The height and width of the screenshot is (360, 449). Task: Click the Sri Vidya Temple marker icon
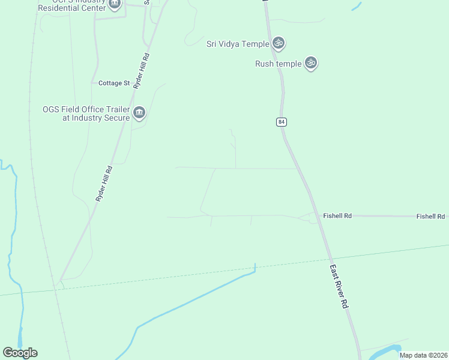[278, 43]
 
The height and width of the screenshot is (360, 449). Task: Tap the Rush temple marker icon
[310, 63]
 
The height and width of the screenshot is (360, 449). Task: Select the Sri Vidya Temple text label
[237, 44]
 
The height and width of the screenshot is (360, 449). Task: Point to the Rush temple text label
[278, 64]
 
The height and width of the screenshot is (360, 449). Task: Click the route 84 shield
[282, 122]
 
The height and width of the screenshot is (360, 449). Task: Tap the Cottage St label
[114, 83]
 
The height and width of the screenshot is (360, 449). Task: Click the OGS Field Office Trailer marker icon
[139, 113]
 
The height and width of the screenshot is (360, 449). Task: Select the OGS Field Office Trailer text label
[86, 113]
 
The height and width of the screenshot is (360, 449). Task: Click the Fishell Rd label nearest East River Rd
[337, 215]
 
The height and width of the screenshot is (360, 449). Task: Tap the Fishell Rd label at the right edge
[431, 216]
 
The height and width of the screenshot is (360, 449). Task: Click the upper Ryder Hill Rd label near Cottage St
[141, 71]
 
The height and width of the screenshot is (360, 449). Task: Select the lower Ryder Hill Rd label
[104, 183]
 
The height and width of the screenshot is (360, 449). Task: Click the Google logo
[20, 353]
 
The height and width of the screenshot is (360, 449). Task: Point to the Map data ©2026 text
[423, 355]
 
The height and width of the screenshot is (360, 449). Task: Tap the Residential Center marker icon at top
[115, 4]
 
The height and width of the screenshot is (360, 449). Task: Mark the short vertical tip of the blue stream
[255, 268]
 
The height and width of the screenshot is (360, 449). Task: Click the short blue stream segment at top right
[357, 7]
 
